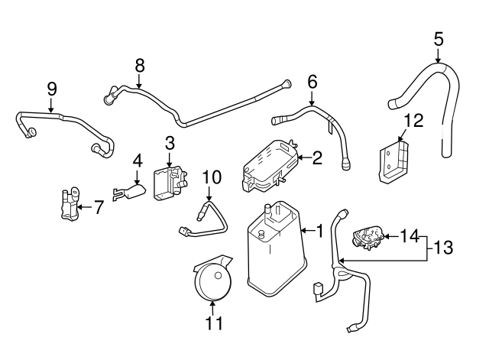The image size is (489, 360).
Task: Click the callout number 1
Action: pyautogui.click(x=320, y=229)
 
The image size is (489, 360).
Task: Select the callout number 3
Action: pyautogui.click(x=170, y=142)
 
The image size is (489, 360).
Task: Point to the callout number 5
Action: pyautogui.click(x=439, y=37)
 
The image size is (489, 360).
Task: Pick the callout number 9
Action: pyautogui.click(x=52, y=88)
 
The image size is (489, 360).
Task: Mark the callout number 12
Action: pyautogui.click(x=413, y=120)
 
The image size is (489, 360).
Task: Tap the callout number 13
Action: pyautogui.click(x=445, y=247)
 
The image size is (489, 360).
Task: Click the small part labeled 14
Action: pyautogui.click(x=368, y=238)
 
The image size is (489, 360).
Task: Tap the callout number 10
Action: pyautogui.click(x=212, y=177)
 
